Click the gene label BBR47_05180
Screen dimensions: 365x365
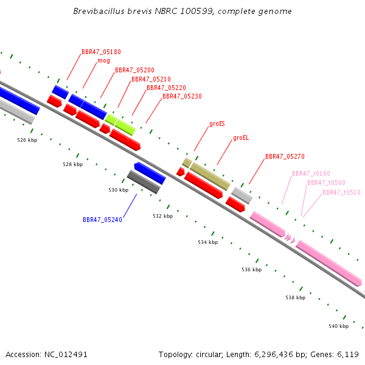click(101, 52)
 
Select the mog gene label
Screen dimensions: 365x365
click(103, 61)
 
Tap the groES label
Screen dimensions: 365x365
click(217, 123)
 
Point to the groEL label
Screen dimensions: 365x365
click(241, 138)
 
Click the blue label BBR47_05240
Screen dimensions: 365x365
click(102, 220)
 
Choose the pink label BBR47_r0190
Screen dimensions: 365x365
click(311, 173)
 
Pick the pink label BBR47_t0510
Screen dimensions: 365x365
click(341, 192)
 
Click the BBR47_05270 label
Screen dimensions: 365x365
click(285, 156)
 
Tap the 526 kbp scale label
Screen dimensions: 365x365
click(27, 140)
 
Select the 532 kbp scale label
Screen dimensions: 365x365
click(162, 216)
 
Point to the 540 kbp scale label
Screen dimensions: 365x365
click(338, 326)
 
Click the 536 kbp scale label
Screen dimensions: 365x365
click(251, 269)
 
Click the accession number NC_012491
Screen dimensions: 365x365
click(66, 355)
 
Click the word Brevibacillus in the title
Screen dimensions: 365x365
click(99, 11)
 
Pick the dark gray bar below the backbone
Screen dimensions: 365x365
click(144, 182)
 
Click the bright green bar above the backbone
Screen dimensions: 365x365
click(120, 125)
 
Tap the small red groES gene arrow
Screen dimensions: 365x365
click(181, 172)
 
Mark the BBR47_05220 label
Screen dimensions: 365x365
click(166, 88)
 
